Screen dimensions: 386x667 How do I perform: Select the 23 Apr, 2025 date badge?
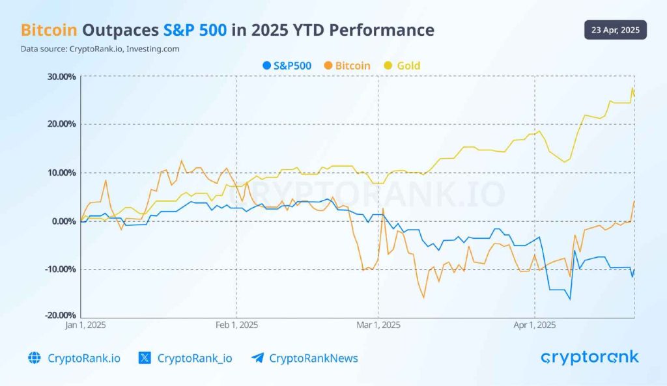pos(615,30)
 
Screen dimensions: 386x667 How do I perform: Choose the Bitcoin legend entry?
pos(347,66)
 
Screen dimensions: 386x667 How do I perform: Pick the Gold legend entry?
pos(402,66)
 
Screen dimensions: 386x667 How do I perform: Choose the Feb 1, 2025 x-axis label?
pos(236,325)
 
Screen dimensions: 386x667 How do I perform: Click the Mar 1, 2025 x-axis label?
pos(378,325)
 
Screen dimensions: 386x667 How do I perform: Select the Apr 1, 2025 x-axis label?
pos(534,325)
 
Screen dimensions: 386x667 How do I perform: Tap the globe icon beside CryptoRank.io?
pos(35,358)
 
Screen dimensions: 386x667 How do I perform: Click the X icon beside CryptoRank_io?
pos(145,358)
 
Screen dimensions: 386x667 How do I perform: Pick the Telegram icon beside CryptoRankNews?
pos(257,358)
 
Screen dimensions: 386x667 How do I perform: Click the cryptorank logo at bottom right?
pos(589,357)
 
